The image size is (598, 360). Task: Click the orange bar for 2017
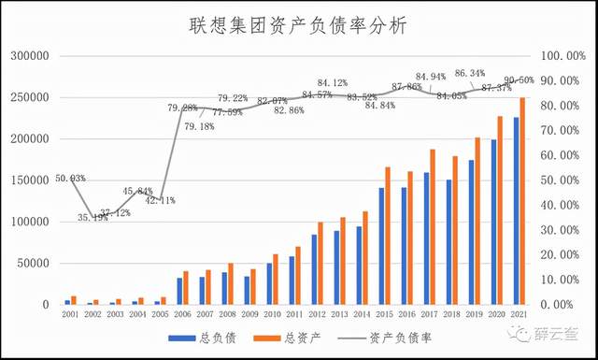pyautogui.click(x=433, y=226)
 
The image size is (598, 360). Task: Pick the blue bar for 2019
pyautogui.click(x=471, y=232)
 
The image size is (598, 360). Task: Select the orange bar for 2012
pyautogui.click(x=320, y=263)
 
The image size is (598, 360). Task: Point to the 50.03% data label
pyautogui.click(x=70, y=178)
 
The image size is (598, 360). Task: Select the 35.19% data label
pyautogui.click(x=93, y=217)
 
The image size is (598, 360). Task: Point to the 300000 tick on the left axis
pyautogui.click(x=30, y=56)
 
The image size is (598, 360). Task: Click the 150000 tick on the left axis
pyautogui.click(x=30, y=180)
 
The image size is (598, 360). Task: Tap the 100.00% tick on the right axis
pyautogui.click(x=564, y=56)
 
